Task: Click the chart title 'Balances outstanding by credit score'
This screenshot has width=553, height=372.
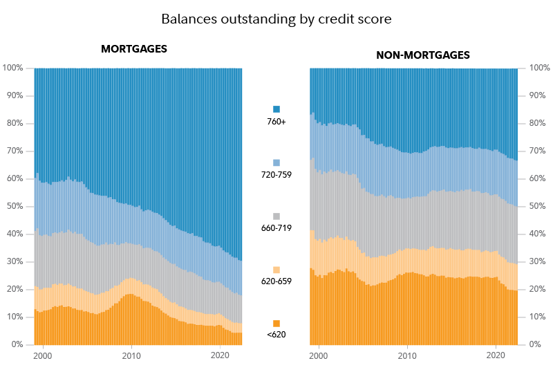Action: pyautogui.click(x=276, y=19)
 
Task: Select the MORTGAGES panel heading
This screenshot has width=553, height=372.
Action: pyautogui.click(x=134, y=49)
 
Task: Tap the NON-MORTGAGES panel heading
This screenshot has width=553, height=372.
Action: pyautogui.click(x=423, y=55)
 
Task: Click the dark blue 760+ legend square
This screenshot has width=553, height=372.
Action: pyautogui.click(x=276, y=109)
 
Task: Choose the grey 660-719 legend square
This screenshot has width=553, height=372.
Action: pyautogui.click(x=276, y=216)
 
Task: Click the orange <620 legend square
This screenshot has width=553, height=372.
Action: pyautogui.click(x=276, y=324)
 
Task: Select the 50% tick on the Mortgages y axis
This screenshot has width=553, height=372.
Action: pyautogui.click(x=15, y=206)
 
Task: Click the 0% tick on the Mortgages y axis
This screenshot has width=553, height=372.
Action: pyautogui.click(x=17, y=344)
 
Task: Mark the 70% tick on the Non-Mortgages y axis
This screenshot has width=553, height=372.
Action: pyautogui.click(x=538, y=151)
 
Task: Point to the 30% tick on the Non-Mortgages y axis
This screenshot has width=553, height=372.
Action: pyautogui.click(x=538, y=261)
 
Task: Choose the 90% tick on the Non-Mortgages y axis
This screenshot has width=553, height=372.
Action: pyautogui.click(x=538, y=95)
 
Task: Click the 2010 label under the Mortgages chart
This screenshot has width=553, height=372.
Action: pyautogui.click(x=131, y=355)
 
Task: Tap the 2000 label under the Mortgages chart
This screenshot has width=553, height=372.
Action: pyautogui.click(x=43, y=355)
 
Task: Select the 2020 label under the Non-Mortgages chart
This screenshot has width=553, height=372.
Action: pyautogui.click(x=496, y=355)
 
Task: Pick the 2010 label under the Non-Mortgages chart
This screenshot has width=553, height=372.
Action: pyautogui.click(x=407, y=355)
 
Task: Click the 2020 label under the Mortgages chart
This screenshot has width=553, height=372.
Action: pyautogui.click(x=220, y=355)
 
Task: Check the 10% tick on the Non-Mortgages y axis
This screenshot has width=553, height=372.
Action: pyautogui.click(x=538, y=317)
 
